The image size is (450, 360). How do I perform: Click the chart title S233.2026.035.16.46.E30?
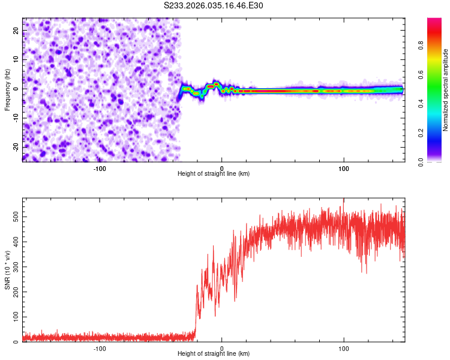(x=214, y=5)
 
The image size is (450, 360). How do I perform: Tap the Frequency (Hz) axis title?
(x=7, y=89)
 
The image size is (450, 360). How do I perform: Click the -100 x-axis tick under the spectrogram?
(x=100, y=168)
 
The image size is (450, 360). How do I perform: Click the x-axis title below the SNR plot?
(x=214, y=355)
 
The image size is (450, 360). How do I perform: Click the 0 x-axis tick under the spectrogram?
(x=222, y=168)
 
